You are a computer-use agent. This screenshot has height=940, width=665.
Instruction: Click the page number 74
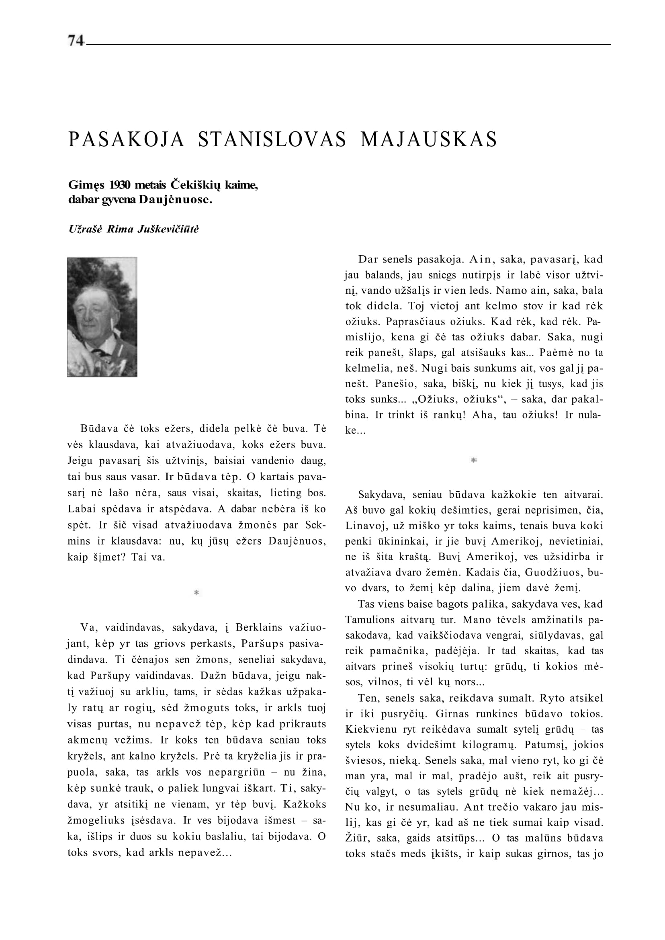tap(76, 41)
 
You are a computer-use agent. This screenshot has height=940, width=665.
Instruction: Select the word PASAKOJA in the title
tap(127, 139)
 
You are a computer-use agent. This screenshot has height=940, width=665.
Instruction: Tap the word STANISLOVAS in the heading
tap(272, 139)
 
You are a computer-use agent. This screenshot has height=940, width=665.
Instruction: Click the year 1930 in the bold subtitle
tap(120, 185)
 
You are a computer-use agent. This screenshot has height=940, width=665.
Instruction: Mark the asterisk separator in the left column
tap(196, 592)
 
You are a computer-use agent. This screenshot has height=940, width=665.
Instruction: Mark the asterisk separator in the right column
tap(474, 461)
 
